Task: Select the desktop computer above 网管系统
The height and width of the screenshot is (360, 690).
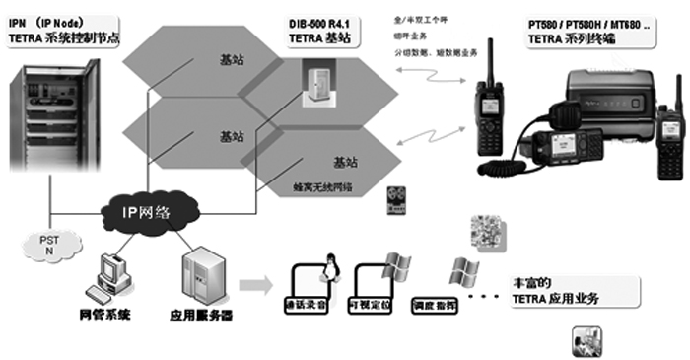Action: (x=108, y=276)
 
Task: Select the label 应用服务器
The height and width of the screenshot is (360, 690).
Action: (x=200, y=317)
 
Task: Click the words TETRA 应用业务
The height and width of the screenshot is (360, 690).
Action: (x=558, y=298)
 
